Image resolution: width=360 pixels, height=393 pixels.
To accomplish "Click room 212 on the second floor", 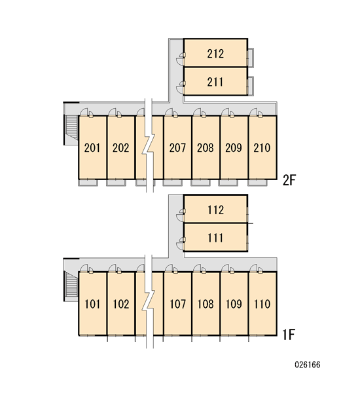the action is tap(215, 53).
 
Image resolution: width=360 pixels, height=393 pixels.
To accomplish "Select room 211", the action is tap(215, 81).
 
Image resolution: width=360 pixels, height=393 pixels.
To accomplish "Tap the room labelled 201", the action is tap(93, 147).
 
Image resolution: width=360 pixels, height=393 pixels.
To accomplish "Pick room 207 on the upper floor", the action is tap(177, 147).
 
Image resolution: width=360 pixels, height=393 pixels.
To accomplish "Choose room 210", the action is tap(262, 147).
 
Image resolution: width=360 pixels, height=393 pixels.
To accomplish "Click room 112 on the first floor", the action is tap(215, 209).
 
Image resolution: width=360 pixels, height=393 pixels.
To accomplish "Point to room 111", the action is tap(215, 237).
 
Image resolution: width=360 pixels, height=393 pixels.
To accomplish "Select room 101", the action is tap(93, 303).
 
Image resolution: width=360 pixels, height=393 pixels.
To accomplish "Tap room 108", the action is tap(206, 303).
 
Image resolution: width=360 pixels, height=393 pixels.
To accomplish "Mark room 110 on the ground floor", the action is tap(262, 303).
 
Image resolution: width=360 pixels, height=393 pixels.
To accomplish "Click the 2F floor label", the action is tap(289, 179).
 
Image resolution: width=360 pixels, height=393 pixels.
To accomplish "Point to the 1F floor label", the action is tap(289, 334).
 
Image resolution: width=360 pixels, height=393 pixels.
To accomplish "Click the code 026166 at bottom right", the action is tap(308, 364).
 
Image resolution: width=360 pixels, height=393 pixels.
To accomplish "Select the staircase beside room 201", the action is tap(71, 127).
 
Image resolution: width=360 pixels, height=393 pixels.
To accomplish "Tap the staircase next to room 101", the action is tap(71, 284).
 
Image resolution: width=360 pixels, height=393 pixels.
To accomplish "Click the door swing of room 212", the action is tap(180, 59).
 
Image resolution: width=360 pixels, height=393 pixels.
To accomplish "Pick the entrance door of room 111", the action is tap(180, 243).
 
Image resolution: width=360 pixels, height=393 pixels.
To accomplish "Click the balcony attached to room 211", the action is tap(251, 86).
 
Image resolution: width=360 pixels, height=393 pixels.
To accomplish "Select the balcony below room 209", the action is tap(228, 183).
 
